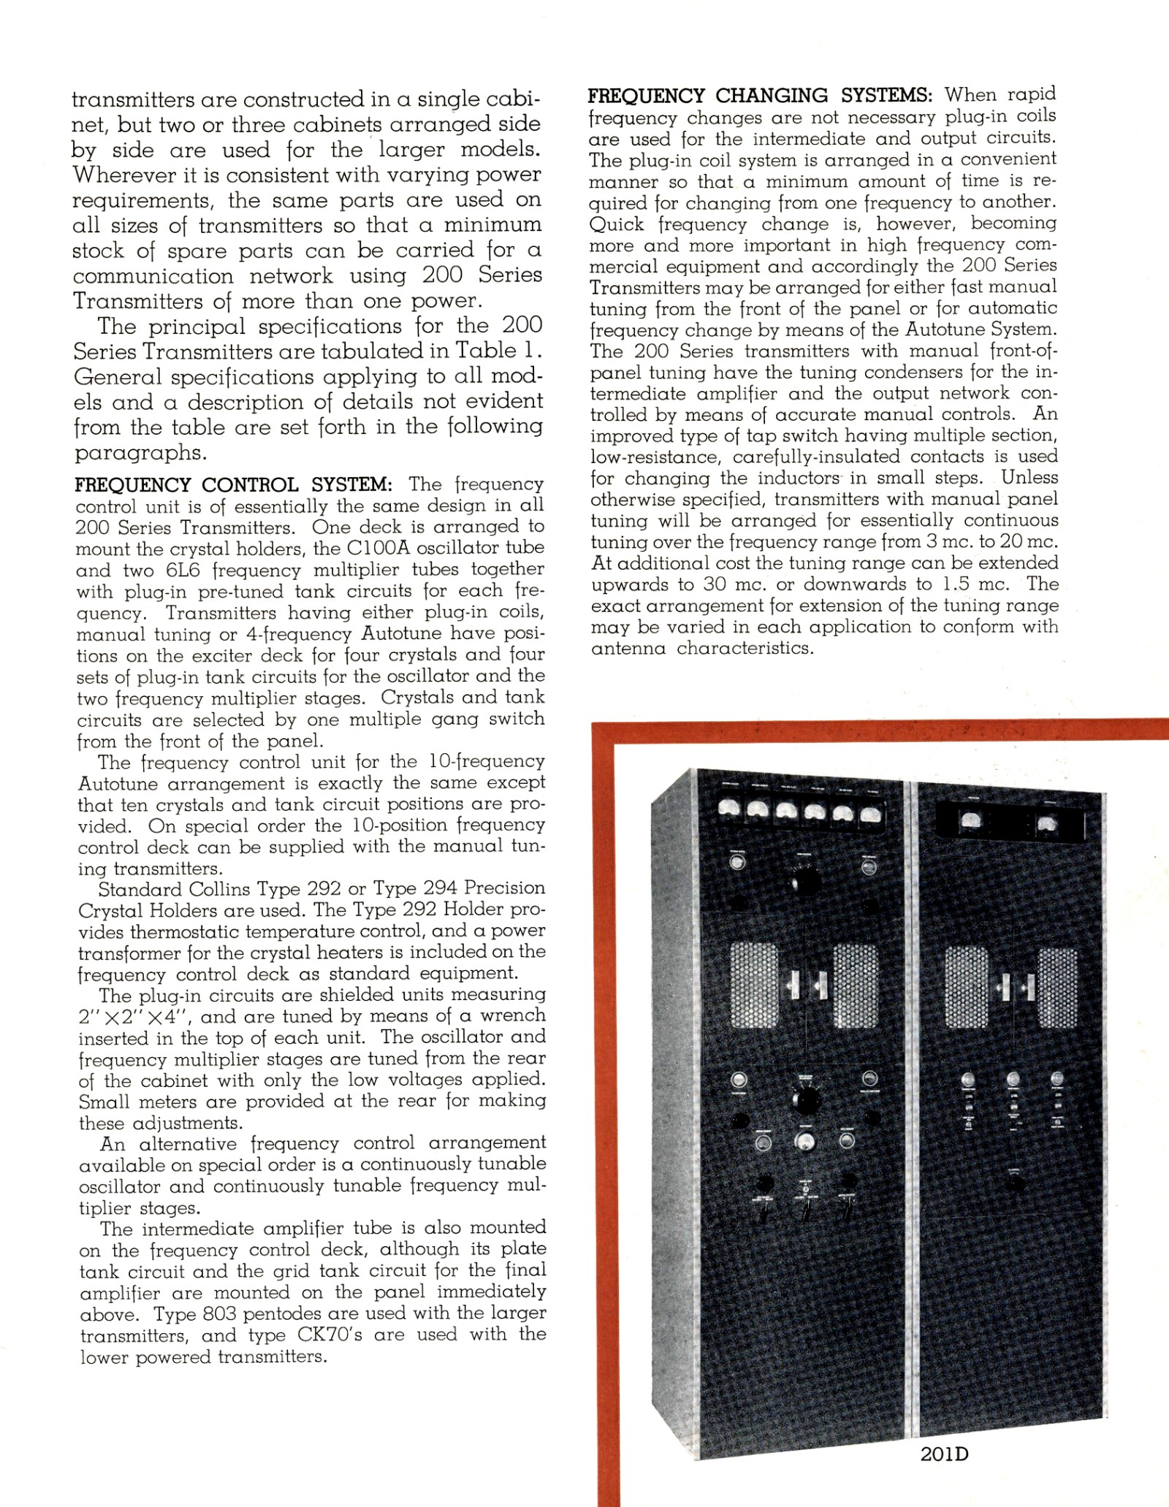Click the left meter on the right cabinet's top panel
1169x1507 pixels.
click(970, 822)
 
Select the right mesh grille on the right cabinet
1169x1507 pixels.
click(1055, 988)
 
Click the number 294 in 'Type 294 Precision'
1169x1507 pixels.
click(437, 888)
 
